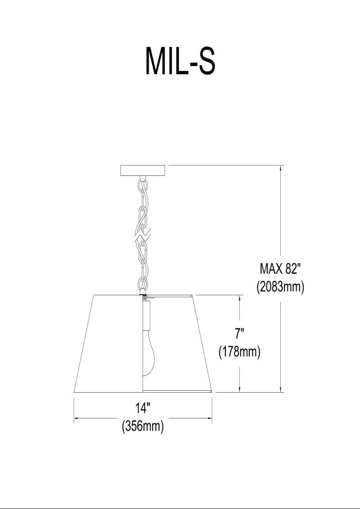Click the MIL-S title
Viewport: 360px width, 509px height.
[180, 61]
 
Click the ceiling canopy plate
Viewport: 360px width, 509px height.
[143, 170]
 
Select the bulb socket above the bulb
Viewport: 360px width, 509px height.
[147, 315]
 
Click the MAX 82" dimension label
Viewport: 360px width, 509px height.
[280, 269]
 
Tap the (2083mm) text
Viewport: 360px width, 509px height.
[280, 287]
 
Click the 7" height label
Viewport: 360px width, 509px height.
[240, 334]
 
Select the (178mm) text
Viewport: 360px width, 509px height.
[240, 352]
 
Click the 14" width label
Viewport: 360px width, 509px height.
[143, 408]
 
